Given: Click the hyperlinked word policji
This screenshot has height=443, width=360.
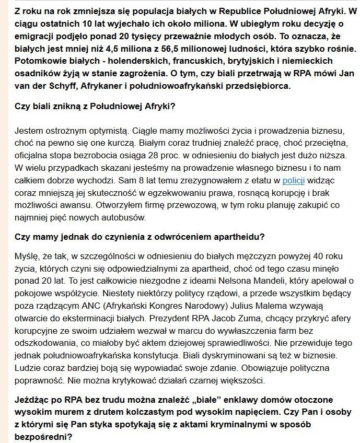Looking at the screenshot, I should point(293,181).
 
